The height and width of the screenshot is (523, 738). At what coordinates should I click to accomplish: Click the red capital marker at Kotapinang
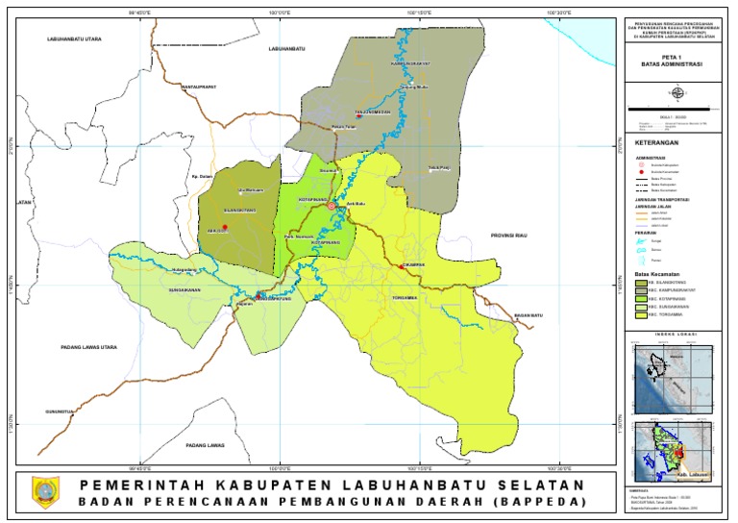332,206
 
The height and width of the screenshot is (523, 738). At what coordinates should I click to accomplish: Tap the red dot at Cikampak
400,266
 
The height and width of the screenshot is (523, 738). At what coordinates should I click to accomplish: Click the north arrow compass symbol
676,93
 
